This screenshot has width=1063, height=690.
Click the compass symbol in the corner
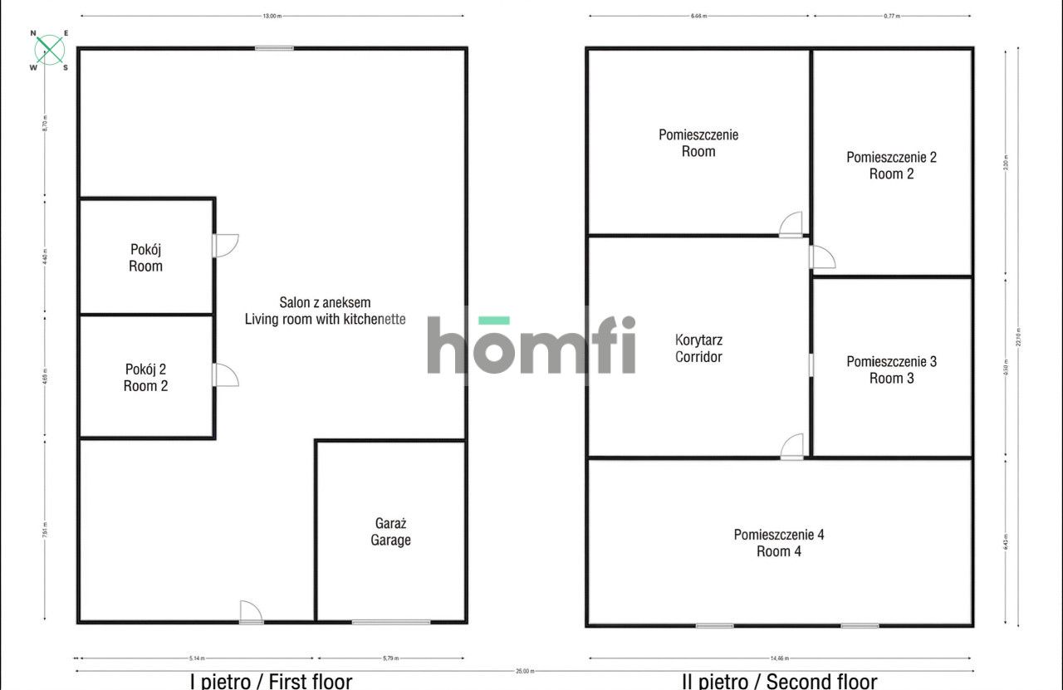click(x=50, y=49)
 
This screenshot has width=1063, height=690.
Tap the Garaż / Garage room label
click(x=390, y=531)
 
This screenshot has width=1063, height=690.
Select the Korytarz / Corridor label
click(x=698, y=349)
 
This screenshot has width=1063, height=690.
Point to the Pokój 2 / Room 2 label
click(x=145, y=377)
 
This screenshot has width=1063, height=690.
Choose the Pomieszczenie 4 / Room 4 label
click(x=779, y=542)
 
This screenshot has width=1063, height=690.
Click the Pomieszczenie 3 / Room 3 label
click(x=891, y=369)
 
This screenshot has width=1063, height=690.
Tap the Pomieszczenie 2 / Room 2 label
click(x=891, y=165)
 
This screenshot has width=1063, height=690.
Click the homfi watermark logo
click(x=531, y=344)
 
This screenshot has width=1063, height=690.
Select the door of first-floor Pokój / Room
click(x=225, y=245)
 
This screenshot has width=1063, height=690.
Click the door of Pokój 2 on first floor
click(x=225, y=374)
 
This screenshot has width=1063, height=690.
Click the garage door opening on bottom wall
click(x=390, y=622)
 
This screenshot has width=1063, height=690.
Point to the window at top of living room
click(x=274, y=48)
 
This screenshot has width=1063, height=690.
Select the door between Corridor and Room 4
click(x=792, y=448)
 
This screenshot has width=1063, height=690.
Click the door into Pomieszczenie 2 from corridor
click(x=821, y=257)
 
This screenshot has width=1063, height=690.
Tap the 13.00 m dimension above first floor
click(x=271, y=16)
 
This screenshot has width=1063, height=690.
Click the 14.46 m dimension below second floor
click(x=780, y=658)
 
